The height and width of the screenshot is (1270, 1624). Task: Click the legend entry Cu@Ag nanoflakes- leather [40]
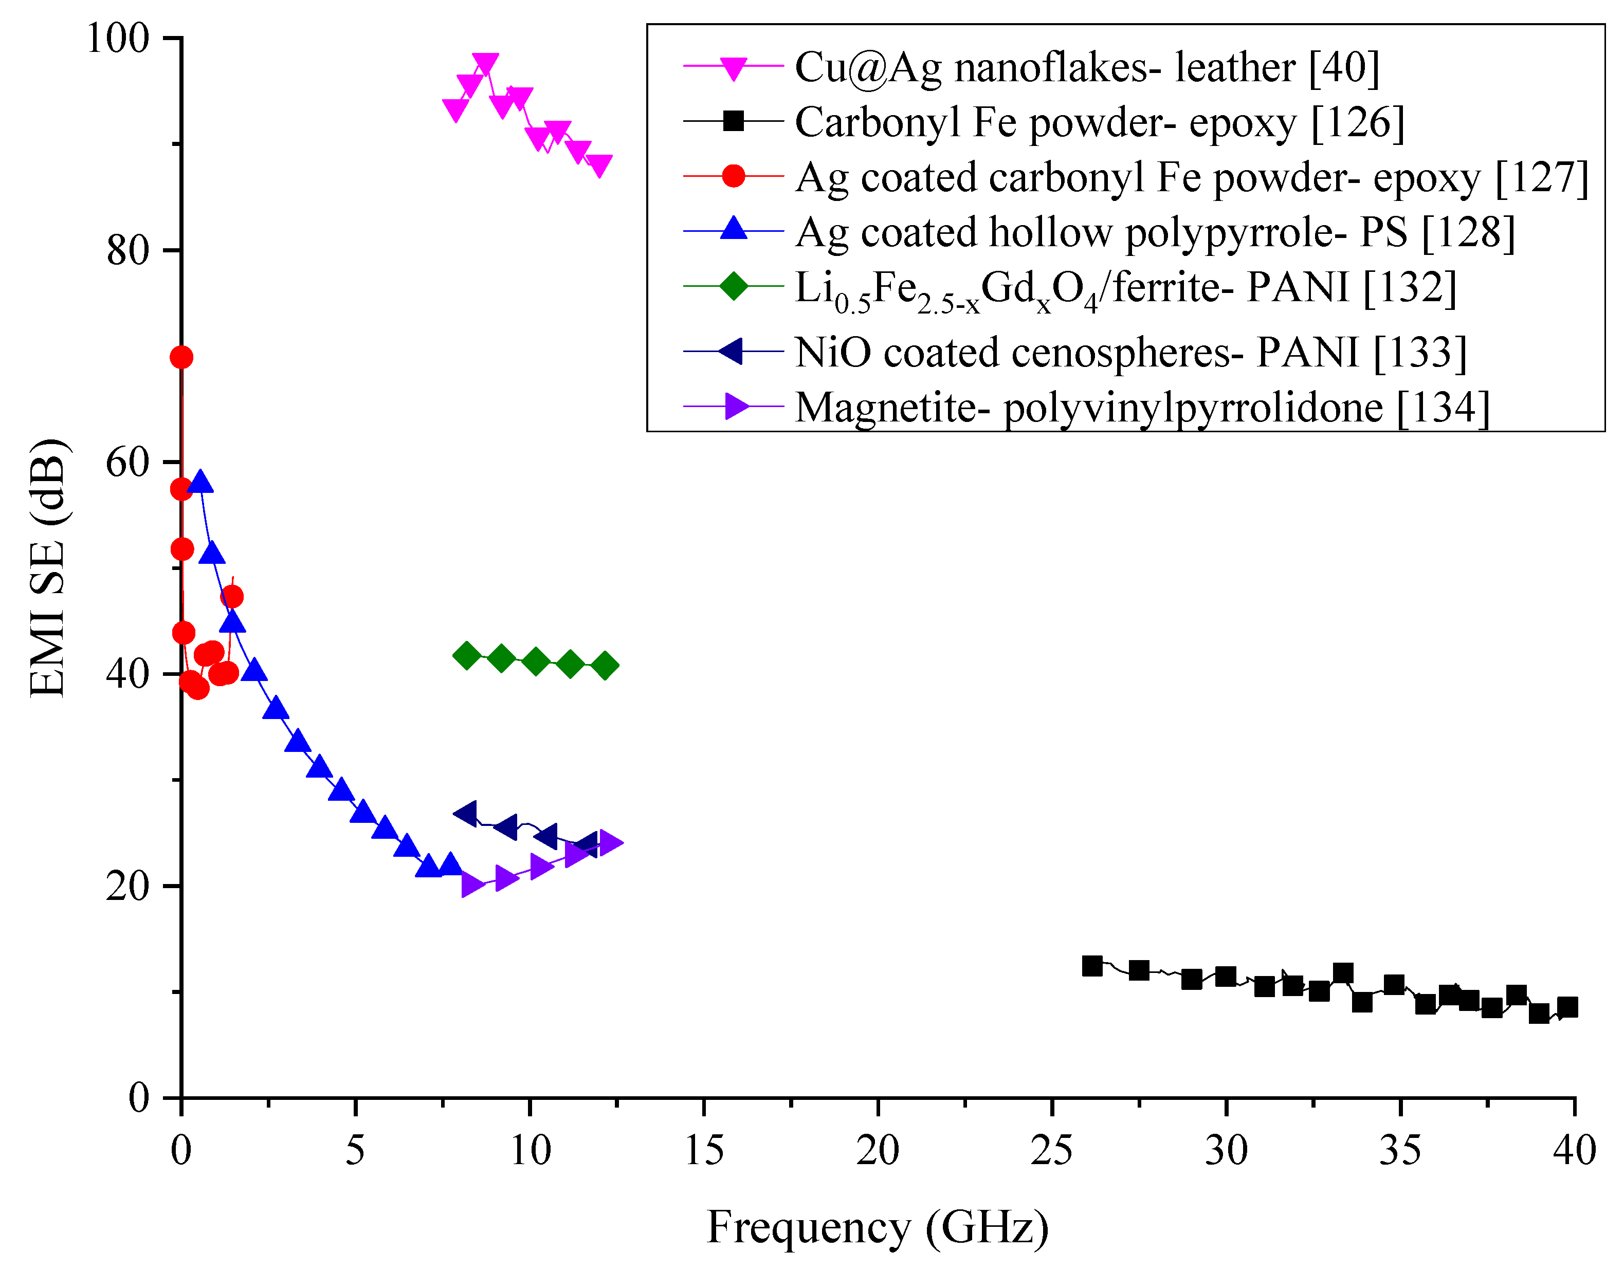pyautogui.click(x=1086, y=68)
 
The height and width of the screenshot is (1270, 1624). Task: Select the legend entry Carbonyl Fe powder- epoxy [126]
pyautogui.click(x=1099, y=123)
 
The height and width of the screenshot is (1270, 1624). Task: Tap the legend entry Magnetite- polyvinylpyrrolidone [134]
pyautogui.click(x=1141, y=408)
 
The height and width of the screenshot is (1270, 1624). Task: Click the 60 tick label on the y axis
pyautogui.click(x=128, y=463)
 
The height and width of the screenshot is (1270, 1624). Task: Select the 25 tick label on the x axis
pyautogui.click(x=1051, y=1152)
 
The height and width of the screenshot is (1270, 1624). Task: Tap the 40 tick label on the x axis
pyautogui.click(x=1574, y=1152)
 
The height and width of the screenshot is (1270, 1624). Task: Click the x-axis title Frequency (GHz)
pyautogui.click(x=878, y=1228)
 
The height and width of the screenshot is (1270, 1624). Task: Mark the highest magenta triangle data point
pyautogui.click(x=485, y=64)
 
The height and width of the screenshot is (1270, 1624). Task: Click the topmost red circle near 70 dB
pyautogui.click(x=181, y=358)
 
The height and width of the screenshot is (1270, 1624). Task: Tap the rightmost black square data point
pyautogui.click(x=1567, y=1007)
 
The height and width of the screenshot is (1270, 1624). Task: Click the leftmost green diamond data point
pyautogui.click(x=466, y=656)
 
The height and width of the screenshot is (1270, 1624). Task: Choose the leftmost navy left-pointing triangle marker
pyautogui.click(x=465, y=814)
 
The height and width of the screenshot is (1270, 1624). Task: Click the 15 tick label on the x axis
pyautogui.click(x=703, y=1152)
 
